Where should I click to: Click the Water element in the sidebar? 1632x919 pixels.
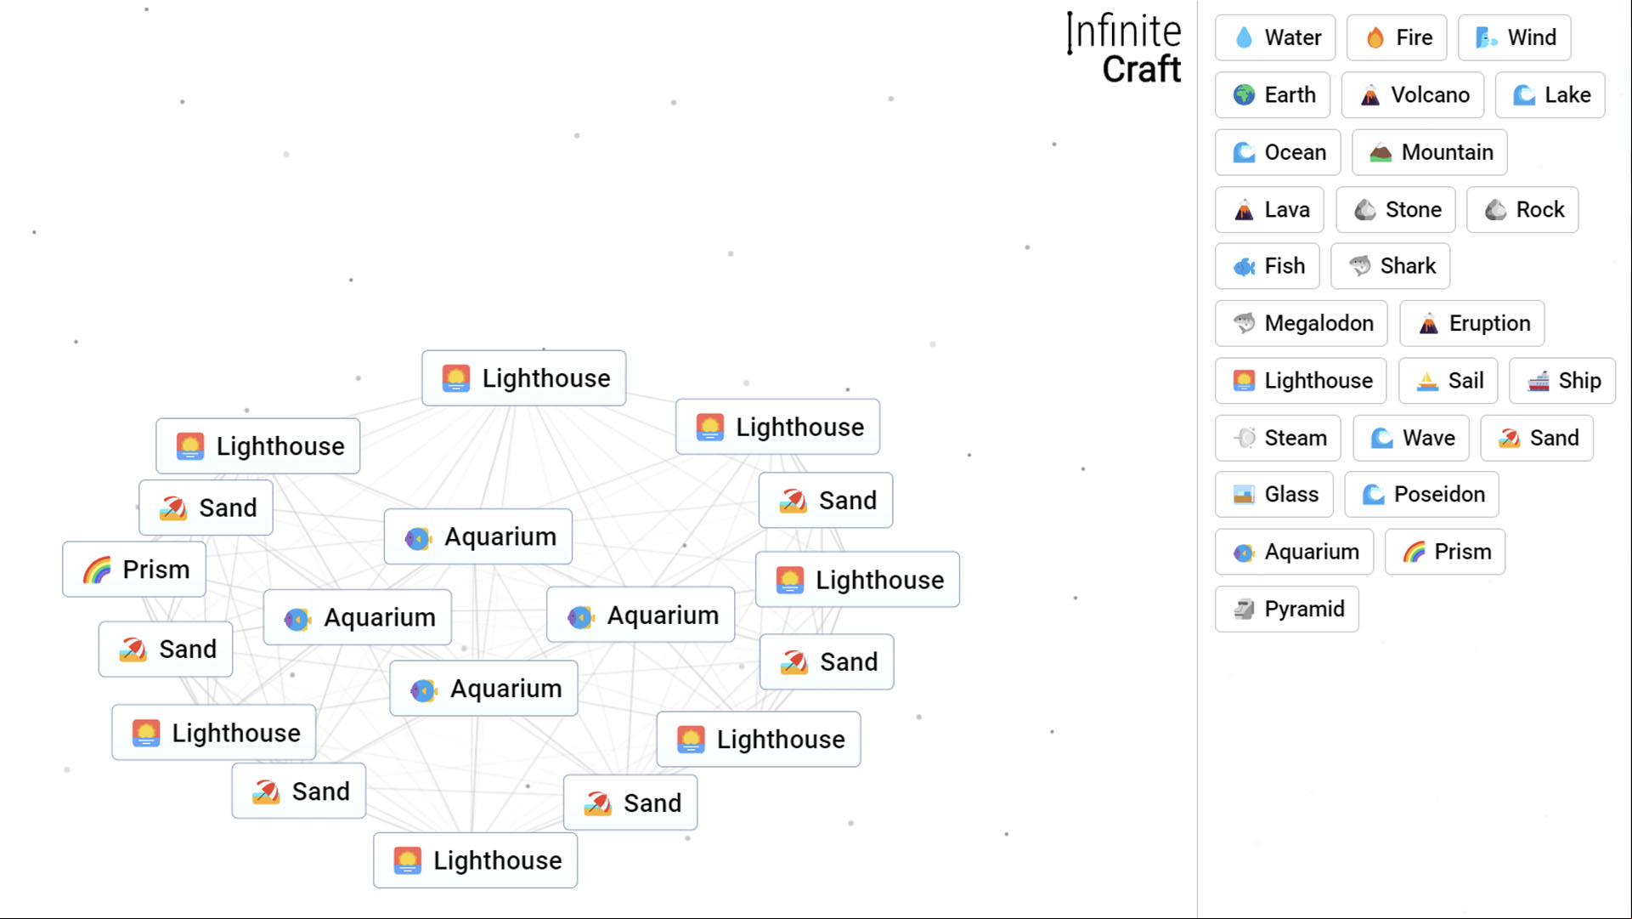(1274, 37)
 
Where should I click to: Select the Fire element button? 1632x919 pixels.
(1396, 37)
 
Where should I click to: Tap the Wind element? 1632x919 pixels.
(1514, 37)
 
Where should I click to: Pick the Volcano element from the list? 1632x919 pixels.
(1412, 94)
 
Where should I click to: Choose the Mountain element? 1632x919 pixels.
(1429, 152)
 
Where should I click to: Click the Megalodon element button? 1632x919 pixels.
(1301, 323)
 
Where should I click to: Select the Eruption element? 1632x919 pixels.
(1471, 323)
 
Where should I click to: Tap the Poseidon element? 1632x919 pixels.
(1421, 494)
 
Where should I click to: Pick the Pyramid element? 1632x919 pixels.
(1286, 609)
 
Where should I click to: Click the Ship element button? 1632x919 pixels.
(1561, 380)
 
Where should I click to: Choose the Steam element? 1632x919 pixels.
(1278, 438)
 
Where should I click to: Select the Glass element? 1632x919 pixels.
(1273, 494)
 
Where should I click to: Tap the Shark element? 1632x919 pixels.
(1390, 266)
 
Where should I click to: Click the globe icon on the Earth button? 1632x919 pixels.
(1244, 94)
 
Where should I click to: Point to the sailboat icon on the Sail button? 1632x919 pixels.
(1427, 381)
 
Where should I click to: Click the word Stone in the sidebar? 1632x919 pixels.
(1413, 209)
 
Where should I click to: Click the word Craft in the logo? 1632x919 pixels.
(1141, 69)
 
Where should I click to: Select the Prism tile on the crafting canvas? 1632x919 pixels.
(134, 569)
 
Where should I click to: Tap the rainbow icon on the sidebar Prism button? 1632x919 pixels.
(1414, 552)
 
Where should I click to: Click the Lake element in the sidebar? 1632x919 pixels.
(1550, 94)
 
